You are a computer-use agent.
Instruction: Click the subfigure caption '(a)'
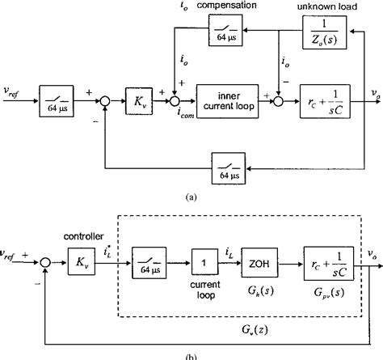[x=191, y=196]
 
